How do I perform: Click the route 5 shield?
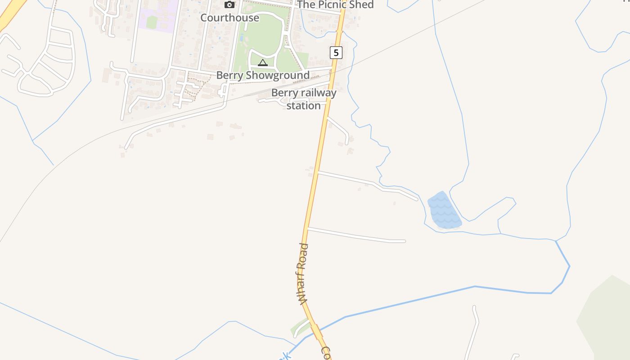[x=336, y=53]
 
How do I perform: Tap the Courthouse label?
[x=229, y=18]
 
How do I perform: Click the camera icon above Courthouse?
[x=229, y=5]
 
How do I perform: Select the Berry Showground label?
[x=263, y=75]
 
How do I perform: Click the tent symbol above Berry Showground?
[x=263, y=63]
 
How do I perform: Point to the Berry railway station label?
[x=304, y=99]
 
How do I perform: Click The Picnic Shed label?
[x=335, y=4]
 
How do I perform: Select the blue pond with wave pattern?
[x=444, y=211]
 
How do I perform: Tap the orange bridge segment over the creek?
[x=317, y=332]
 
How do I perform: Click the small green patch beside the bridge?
[x=298, y=327]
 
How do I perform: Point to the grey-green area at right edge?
[x=607, y=315]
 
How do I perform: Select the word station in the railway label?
[x=304, y=106]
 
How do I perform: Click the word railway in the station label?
[x=318, y=93]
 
